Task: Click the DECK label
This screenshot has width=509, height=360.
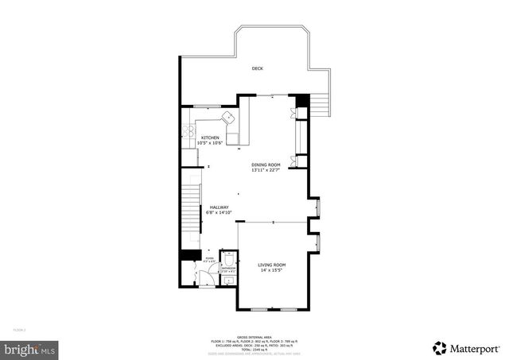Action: pos(257,69)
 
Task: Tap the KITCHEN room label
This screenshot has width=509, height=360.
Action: pos(210,137)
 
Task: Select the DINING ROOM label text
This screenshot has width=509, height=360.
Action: pos(266,165)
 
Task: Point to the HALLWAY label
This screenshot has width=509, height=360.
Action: pos(220,207)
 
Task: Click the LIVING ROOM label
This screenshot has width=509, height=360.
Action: pos(272,265)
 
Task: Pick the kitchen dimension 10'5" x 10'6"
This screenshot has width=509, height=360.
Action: pos(210,143)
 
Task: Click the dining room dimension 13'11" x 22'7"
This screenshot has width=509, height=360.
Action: pos(266,170)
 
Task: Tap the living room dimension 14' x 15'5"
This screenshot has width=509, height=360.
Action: pos(272,270)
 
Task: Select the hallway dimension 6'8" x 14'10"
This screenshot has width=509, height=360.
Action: pos(220,213)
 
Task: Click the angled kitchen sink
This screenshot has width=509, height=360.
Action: pos(231,118)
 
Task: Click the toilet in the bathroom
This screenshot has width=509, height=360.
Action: pos(227,259)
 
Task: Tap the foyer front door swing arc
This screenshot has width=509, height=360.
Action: pos(204,277)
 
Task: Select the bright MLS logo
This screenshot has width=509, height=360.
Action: pos(30,348)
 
